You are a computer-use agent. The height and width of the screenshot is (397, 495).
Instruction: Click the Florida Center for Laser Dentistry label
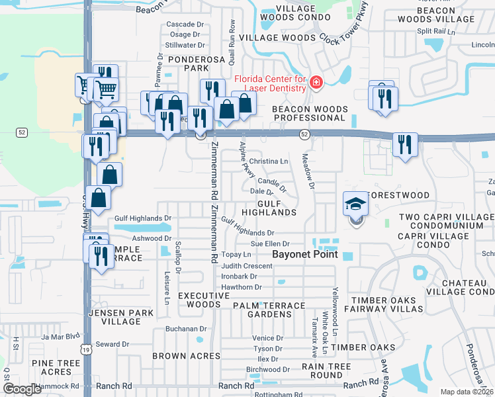pos(269,83)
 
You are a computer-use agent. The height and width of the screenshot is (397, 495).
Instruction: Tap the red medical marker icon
pos(316,83)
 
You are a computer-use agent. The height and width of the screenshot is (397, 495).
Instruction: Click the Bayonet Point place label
pos(305,254)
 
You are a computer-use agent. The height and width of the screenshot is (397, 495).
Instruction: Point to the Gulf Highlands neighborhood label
pos(268,208)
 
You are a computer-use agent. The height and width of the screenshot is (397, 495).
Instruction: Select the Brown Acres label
pos(187,356)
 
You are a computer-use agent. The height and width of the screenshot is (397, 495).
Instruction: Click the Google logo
pos(22,388)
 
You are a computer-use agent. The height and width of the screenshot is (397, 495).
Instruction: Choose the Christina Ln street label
pos(269,161)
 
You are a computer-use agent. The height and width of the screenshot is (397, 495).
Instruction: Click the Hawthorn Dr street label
pos(242,287)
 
